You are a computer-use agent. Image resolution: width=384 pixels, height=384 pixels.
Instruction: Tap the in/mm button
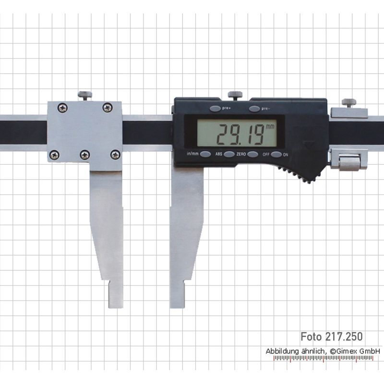click(x=205, y=154)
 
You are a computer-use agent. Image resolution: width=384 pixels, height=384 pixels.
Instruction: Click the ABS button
click(x=229, y=154)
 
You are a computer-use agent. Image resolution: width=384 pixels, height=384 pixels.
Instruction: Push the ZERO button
click(x=252, y=154)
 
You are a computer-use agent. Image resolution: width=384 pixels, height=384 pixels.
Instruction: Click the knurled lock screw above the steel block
click(x=85, y=96)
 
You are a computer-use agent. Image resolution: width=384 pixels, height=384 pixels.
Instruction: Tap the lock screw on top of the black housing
click(x=235, y=95)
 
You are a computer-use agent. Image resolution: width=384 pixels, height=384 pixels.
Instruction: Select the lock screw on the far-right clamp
click(x=349, y=102)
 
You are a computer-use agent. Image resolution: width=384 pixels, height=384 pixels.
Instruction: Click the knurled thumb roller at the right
click(x=349, y=162)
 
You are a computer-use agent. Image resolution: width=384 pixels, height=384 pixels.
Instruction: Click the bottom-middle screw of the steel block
click(x=85, y=155)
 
